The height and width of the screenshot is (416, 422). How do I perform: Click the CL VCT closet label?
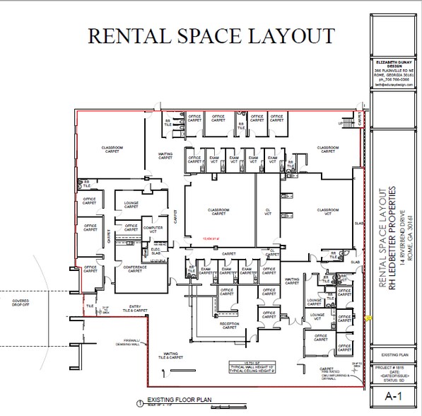point(268,212)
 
